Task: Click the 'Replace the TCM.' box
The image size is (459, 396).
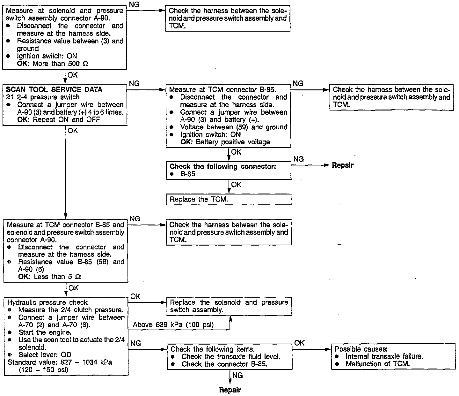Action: [x=229, y=200]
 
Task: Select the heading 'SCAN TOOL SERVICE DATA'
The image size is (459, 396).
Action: [x=54, y=90]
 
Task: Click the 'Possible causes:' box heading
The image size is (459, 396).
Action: [x=361, y=349]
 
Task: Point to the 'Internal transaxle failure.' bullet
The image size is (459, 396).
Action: [x=384, y=356]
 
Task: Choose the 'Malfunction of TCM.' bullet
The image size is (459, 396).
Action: [x=377, y=364]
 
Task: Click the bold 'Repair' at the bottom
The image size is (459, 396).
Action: [x=230, y=390]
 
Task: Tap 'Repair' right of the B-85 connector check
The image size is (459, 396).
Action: [x=343, y=165]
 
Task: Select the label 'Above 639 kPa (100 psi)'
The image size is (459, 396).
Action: [x=173, y=325]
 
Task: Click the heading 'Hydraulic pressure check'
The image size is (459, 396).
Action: [x=47, y=302]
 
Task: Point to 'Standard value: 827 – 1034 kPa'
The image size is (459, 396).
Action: [x=60, y=362]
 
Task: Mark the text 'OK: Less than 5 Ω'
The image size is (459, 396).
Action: [x=49, y=277]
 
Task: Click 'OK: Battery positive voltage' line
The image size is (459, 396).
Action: [x=225, y=142]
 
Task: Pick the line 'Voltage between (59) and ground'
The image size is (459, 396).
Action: [x=234, y=127]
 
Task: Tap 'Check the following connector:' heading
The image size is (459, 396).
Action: [x=223, y=166]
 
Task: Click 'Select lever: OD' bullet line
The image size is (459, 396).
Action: [x=45, y=355]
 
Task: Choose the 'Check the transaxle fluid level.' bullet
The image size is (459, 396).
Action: [x=231, y=356]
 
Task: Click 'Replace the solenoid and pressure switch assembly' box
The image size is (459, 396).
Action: [x=229, y=306]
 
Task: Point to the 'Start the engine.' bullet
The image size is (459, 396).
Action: [x=45, y=332]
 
